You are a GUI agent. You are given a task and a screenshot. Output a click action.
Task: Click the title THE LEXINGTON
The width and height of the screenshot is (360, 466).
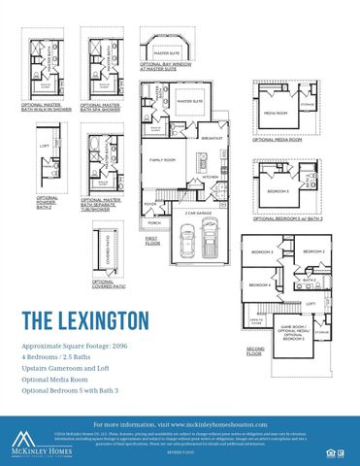(85, 319)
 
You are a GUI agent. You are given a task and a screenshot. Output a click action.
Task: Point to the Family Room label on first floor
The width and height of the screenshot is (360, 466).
(162, 158)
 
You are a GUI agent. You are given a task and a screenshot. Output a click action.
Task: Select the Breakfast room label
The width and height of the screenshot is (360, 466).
(213, 138)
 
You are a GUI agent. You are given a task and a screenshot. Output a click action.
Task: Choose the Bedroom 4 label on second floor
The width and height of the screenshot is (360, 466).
(258, 284)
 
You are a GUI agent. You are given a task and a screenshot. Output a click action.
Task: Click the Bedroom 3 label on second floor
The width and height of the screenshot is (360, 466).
(262, 251)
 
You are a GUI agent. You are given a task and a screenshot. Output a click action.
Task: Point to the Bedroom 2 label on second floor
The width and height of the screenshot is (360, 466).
(312, 251)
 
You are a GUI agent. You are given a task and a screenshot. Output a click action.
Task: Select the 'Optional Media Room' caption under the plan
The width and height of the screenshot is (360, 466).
(278, 140)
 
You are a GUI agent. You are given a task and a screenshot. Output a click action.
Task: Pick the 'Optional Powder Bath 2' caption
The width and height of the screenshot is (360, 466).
(47, 202)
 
